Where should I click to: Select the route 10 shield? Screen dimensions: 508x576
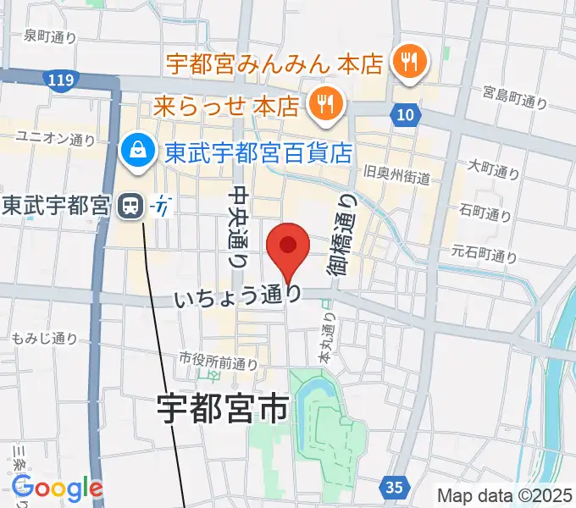405,113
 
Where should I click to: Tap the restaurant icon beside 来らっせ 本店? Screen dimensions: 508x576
323,105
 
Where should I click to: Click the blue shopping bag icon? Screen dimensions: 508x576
137,152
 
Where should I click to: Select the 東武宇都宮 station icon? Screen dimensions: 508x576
130,204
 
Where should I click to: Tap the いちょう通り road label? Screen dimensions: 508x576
238,297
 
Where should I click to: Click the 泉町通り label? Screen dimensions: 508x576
51,36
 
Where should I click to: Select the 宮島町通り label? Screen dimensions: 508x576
515,97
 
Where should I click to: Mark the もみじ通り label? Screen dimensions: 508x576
45,339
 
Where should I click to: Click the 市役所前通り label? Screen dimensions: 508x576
218,362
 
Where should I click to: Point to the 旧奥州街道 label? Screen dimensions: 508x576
396,178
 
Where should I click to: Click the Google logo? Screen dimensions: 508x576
57,488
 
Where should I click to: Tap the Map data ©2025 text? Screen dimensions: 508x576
505,494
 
